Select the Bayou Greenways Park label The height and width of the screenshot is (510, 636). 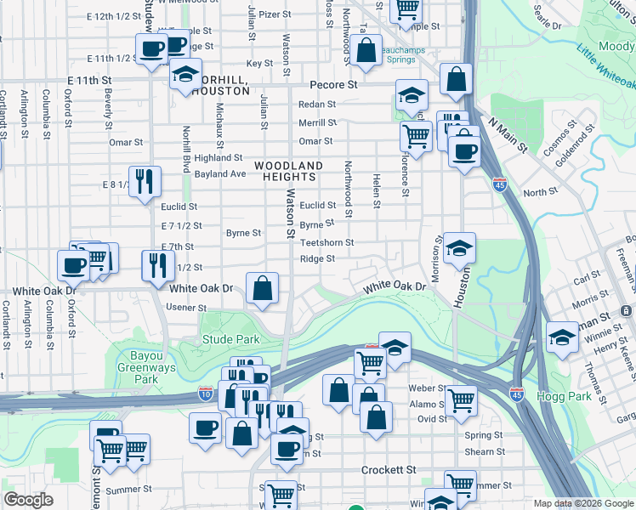coord(145,368)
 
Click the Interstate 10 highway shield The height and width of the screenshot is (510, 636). coord(206,393)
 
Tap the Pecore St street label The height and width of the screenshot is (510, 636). coord(332,85)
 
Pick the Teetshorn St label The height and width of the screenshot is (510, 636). coord(327,242)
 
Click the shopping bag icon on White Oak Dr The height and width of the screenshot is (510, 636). coord(263,287)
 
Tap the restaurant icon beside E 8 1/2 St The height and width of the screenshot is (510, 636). coord(145,180)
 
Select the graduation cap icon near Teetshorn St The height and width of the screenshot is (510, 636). coord(459,248)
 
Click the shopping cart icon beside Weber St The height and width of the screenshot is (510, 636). coord(461,399)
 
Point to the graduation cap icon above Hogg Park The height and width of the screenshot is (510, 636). coord(561,337)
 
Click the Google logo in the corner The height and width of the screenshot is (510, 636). coord(28,500)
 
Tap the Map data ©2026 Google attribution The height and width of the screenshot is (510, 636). coord(583,503)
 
